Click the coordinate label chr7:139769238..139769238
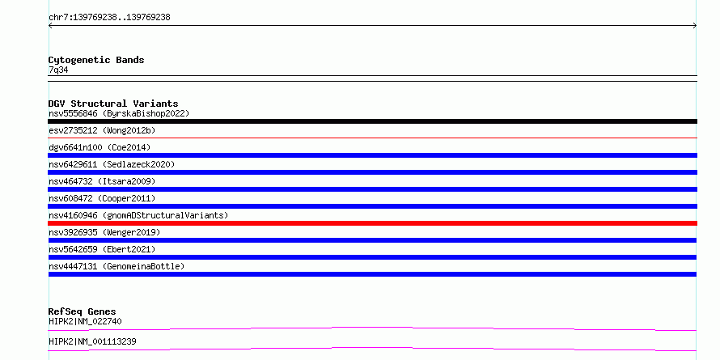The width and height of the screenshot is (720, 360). [x=109, y=18]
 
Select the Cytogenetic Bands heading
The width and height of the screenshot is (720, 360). [x=96, y=60]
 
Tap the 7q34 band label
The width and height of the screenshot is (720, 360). [x=58, y=70]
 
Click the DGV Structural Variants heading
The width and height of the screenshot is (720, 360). [x=113, y=104]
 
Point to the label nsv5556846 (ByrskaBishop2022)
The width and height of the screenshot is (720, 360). [x=119, y=113]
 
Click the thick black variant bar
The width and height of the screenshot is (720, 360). [x=372, y=121]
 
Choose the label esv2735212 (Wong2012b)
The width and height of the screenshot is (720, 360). [x=102, y=130]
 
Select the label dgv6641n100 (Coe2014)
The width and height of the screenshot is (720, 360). [x=100, y=147]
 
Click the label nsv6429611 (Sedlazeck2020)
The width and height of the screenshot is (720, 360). [x=112, y=164]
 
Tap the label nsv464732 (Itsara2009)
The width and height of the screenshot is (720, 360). [x=102, y=181]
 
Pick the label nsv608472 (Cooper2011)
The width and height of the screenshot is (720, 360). [x=102, y=198]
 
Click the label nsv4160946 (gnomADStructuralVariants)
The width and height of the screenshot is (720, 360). [x=138, y=215]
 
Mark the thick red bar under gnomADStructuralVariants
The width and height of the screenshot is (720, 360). [x=372, y=223]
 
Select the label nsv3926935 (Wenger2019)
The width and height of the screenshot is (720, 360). [x=104, y=232]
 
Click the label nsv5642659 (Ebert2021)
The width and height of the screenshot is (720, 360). [x=102, y=249]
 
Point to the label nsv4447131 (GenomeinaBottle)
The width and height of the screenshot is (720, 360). [x=116, y=266]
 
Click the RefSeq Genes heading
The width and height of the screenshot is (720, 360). [x=82, y=311]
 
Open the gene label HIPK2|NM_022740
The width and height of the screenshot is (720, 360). [x=85, y=321]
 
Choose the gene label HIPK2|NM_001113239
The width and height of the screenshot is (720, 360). [x=92, y=341]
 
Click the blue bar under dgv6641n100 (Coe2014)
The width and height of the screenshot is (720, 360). [x=372, y=155]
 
